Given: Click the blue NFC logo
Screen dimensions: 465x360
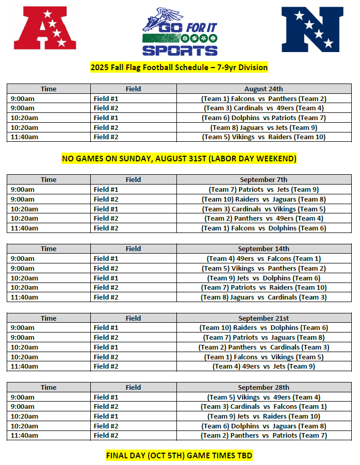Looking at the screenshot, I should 312,29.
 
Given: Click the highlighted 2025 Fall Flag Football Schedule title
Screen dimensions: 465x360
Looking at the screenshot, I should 179,68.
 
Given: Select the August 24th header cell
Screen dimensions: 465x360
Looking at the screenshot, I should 264,89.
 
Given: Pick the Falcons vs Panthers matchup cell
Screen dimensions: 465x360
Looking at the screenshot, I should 264,98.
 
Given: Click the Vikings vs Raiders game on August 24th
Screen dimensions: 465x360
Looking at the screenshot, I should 264,137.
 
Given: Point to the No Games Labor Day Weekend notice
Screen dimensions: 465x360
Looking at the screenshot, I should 179,158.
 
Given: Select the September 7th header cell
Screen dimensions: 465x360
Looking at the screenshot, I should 264,179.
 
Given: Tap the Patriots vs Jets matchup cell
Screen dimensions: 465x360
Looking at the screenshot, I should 264,189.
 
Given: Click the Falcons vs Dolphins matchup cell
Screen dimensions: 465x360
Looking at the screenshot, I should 264,228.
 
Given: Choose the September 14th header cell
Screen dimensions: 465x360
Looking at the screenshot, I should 264,248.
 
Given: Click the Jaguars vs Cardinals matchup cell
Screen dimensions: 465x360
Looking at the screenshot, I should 264,297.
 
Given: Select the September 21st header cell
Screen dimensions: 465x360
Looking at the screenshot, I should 264,318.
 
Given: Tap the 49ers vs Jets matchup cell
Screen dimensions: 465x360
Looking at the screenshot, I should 264,366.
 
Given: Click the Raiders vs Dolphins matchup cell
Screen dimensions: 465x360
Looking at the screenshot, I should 264,327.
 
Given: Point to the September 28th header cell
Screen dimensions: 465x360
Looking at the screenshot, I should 264,387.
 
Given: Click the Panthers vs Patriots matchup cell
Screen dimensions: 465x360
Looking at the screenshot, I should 264,435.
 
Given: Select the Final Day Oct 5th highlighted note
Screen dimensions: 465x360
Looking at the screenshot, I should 179,456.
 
